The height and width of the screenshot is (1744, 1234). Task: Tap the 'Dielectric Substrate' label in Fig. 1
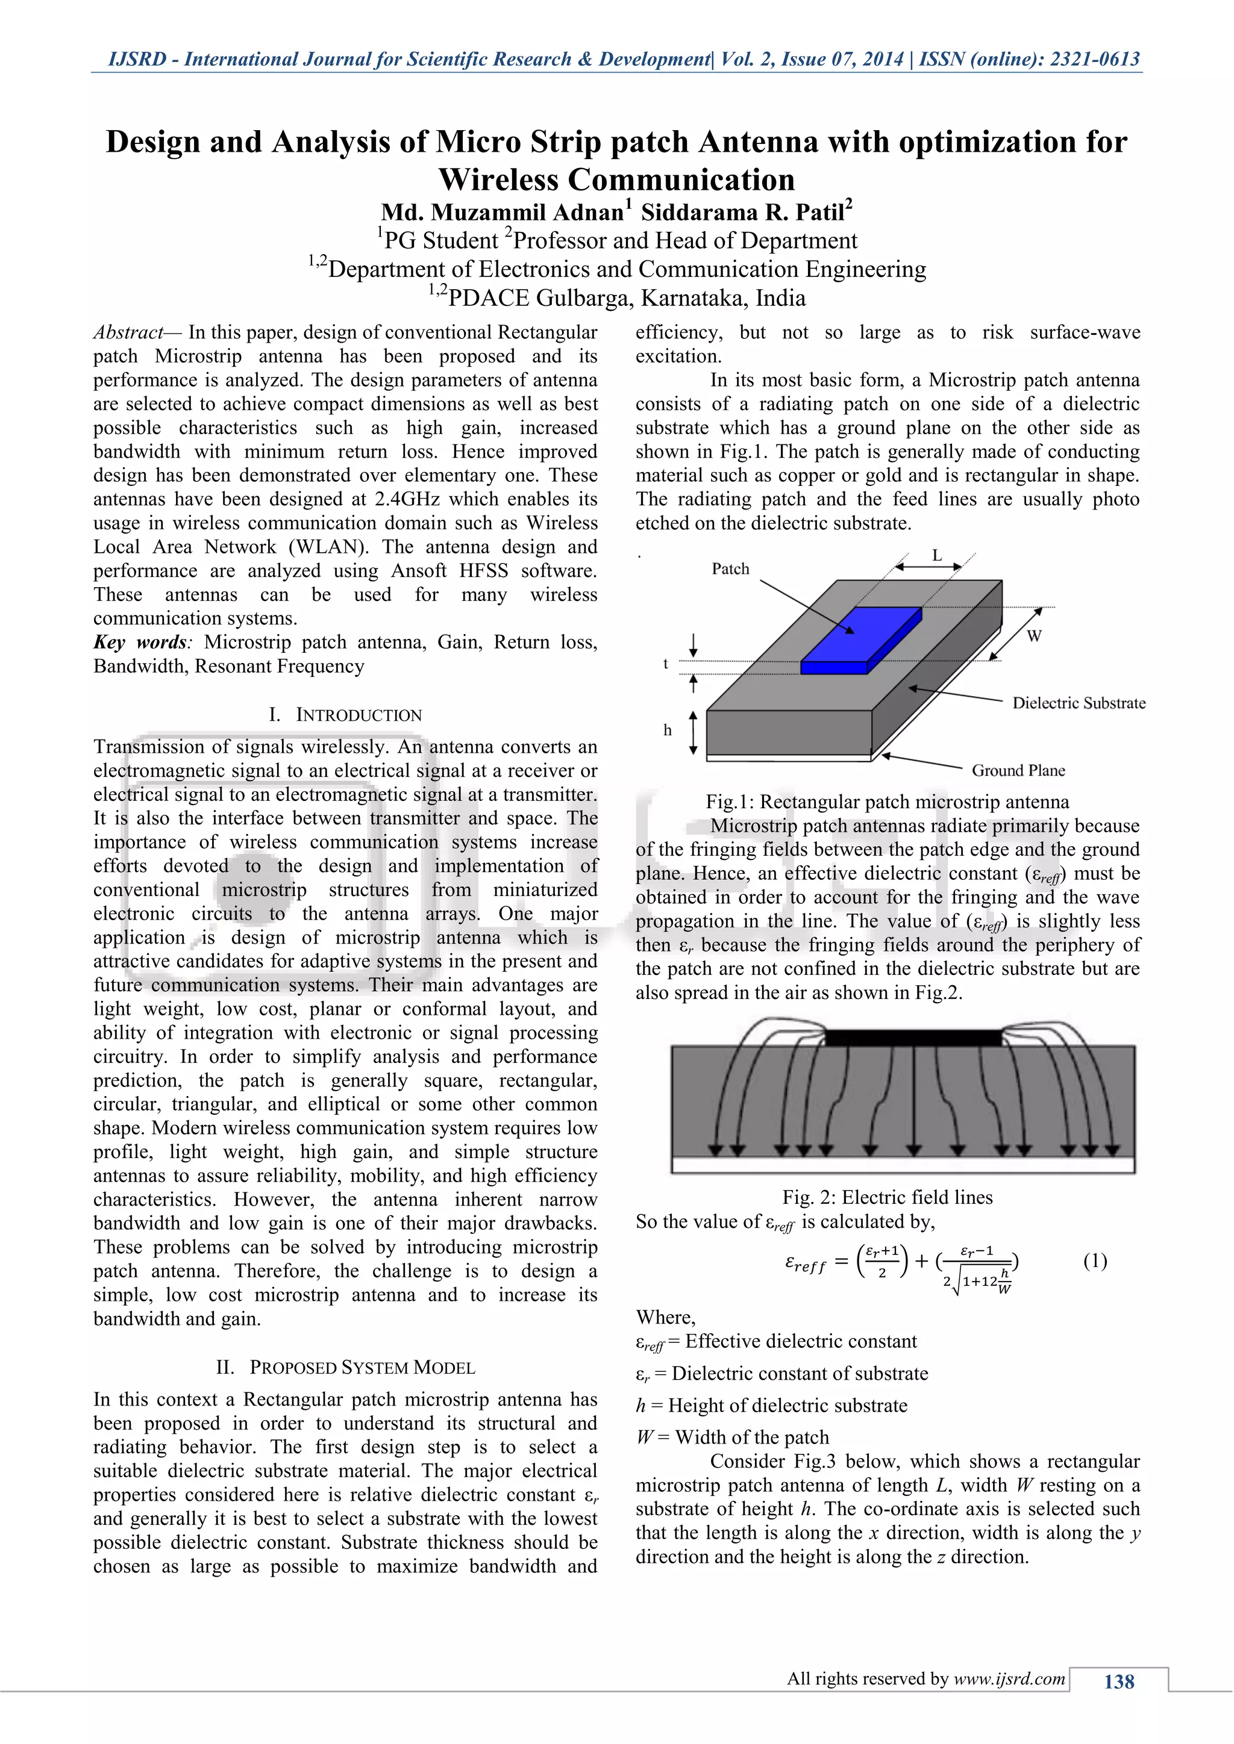tap(1078, 703)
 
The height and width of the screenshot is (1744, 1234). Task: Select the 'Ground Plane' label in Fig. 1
tap(1018, 770)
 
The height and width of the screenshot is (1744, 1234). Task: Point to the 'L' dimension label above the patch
tap(937, 556)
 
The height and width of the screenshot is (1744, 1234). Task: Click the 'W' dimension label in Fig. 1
tap(1033, 636)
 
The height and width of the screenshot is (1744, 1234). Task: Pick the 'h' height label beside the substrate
tap(667, 730)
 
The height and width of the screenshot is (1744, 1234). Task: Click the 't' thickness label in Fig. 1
tap(666, 663)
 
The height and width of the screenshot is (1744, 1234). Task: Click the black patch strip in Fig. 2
tap(913, 1038)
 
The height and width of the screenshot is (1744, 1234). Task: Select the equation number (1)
tap(1094, 1261)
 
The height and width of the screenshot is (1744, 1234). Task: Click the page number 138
tap(1118, 1682)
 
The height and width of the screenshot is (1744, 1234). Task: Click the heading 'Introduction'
tap(358, 715)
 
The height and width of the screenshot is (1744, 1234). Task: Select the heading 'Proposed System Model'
tap(362, 1367)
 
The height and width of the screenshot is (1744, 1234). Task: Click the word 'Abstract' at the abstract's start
tap(128, 332)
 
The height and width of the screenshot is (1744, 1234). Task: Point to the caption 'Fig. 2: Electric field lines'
tap(887, 1197)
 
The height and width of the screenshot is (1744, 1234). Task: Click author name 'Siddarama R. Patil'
tap(746, 212)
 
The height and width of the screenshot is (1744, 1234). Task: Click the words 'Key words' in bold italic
tap(140, 642)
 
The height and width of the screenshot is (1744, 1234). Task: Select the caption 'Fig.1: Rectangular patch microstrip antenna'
tap(887, 802)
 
